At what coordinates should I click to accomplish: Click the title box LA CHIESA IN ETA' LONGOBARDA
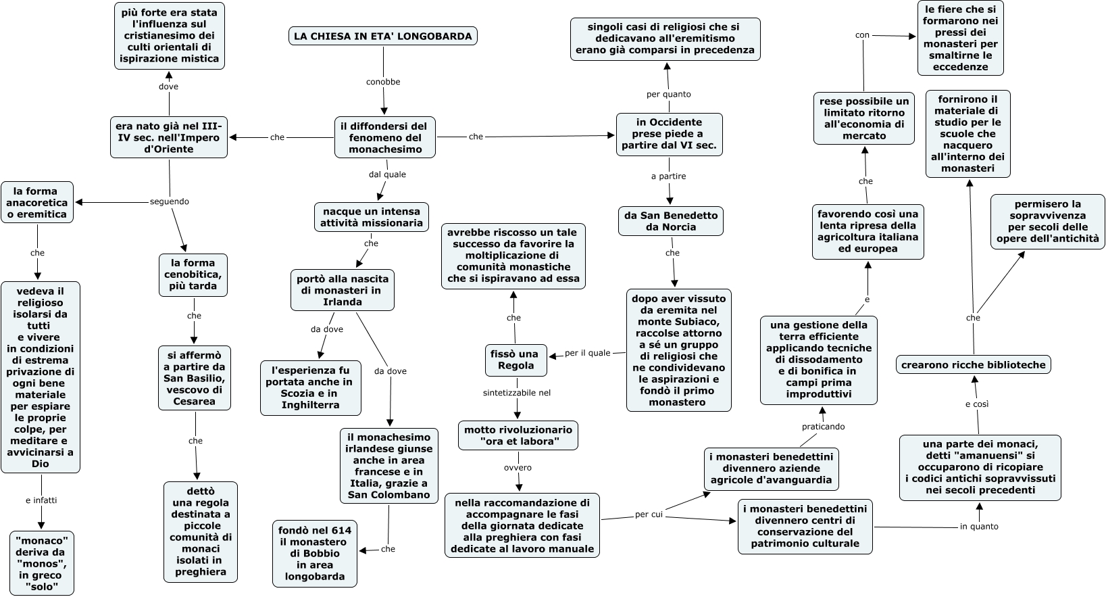tap(382, 36)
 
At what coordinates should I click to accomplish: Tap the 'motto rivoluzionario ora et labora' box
tap(518, 435)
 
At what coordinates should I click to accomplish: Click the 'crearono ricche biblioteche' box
tap(973, 364)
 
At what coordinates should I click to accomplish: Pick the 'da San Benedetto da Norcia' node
tap(670, 221)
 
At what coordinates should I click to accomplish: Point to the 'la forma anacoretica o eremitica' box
tap(37, 202)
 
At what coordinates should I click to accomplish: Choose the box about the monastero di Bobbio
tap(315, 554)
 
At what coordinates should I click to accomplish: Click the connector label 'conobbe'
tap(383, 82)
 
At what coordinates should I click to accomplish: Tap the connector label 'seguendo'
tap(170, 201)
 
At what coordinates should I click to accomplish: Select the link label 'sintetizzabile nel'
tap(516, 392)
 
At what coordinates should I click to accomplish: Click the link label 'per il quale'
tap(588, 353)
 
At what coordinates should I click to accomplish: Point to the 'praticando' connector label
tap(823, 427)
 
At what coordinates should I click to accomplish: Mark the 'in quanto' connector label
tap(979, 526)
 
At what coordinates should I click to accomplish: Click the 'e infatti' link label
tap(41, 500)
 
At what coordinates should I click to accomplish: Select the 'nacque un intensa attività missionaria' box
tap(372, 217)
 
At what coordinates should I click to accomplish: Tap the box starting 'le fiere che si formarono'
tap(960, 38)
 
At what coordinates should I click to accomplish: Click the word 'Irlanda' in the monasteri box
tap(342, 302)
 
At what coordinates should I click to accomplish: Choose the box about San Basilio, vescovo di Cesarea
tap(194, 378)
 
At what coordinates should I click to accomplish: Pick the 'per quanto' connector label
tap(669, 94)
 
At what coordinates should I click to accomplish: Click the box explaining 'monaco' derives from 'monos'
tap(41, 563)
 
